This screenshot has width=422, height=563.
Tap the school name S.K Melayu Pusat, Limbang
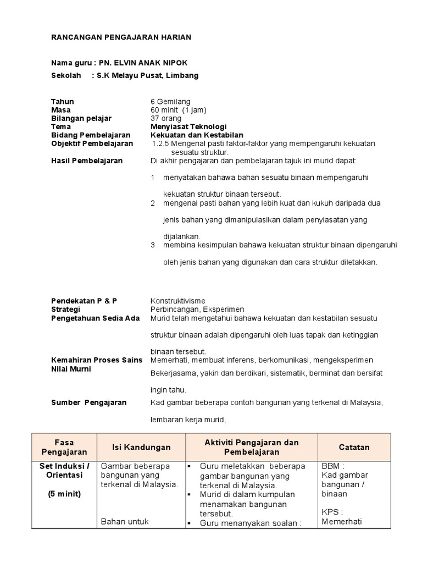(x=147, y=76)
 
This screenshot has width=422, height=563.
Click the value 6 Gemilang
(x=170, y=102)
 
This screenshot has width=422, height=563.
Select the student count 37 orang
(x=166, y=118)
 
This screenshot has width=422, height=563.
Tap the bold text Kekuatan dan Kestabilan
(x=197, y=135)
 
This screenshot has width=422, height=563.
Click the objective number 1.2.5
(x=162, y=143)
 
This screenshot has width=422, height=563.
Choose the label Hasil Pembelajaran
(x=87, y=161)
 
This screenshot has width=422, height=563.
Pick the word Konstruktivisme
(x=178, y=301)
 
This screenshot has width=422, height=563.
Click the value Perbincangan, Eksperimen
(x=197, y=309)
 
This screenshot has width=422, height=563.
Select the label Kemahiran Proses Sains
(x=97, y=360)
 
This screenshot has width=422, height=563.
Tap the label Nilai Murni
(x=71, y=369)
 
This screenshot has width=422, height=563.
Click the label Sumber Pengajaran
(x=88, y=402)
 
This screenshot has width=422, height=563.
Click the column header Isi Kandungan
(x=142, y=448)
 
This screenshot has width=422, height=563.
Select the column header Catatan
(x=354, y=448)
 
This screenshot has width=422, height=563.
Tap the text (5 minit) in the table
(x=64, y=494)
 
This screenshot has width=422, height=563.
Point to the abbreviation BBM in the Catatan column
(x=330, y=466)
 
